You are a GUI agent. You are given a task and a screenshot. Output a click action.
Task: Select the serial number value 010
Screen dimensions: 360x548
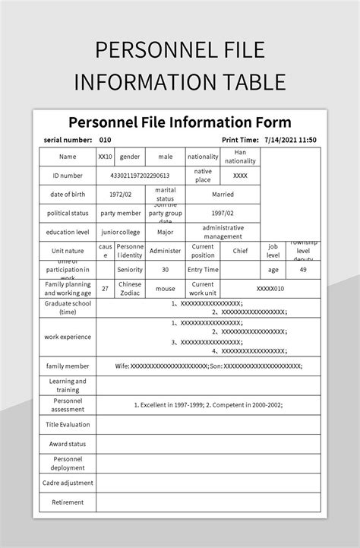pos(106,140)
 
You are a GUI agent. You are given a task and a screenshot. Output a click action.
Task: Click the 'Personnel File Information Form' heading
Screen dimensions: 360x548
pos(180,122)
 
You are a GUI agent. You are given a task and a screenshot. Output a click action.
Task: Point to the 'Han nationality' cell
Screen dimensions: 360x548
pos(240,157)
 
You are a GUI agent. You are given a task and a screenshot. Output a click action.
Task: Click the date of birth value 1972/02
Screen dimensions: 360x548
pos(126,194)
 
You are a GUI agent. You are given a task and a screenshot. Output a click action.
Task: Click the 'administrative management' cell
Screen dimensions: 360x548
pos(223,233)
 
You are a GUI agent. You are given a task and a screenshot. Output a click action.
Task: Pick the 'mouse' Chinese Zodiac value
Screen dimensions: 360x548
pos(166,289)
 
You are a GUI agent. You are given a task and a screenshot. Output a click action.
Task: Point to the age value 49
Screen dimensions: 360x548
pos(302,269)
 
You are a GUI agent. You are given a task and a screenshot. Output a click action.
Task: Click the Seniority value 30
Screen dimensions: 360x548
pos(166,269)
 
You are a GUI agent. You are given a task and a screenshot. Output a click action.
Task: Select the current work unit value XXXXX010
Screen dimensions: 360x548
pos(270,289)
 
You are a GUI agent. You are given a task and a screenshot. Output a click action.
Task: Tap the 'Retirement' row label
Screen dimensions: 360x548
pos(68,502)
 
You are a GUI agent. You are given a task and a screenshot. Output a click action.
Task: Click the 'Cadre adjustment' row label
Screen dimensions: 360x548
pos(68,483)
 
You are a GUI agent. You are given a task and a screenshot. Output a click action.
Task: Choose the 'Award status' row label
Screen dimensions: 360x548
pos(68,444)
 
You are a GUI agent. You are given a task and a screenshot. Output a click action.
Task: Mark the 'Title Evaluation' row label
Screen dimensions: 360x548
pos(68,424)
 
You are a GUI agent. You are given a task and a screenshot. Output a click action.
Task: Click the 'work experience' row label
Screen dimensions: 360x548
pos(68,337)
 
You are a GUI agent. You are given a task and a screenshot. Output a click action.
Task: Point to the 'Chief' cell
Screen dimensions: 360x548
pos(240,250)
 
